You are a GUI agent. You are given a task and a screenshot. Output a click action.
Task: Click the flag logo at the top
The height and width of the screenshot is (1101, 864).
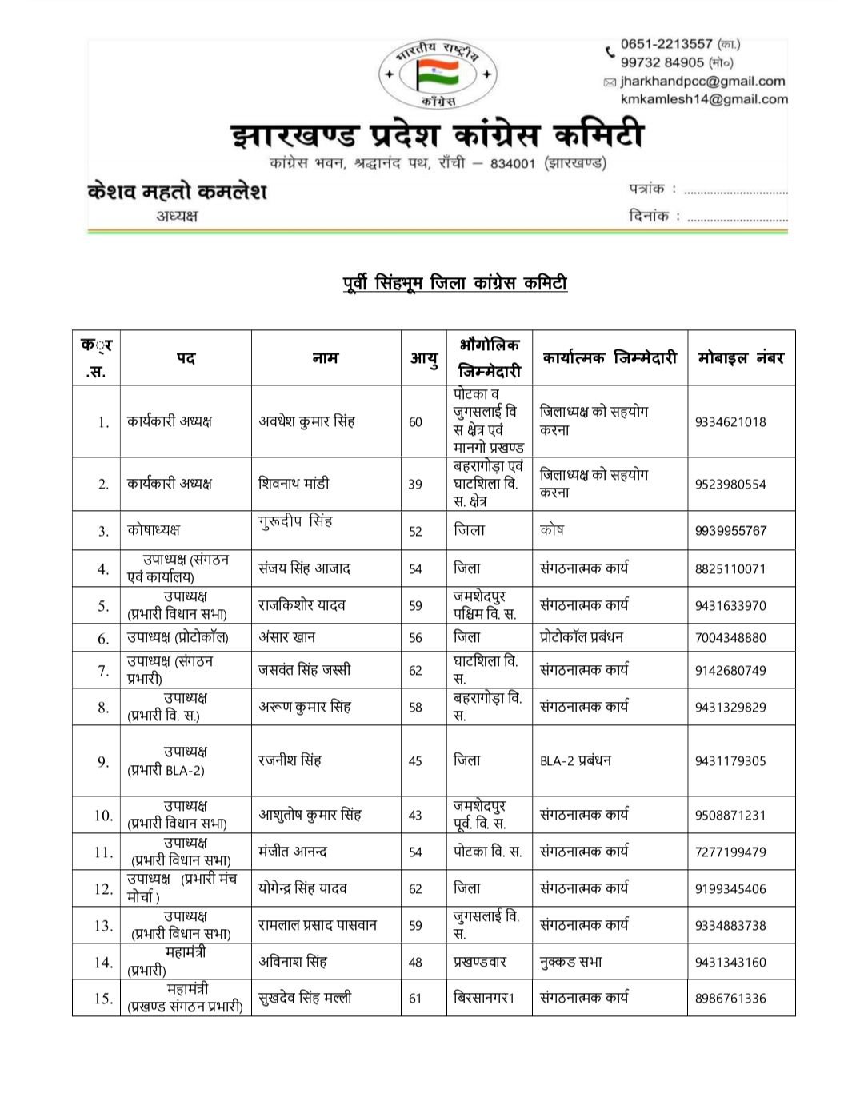point(438,74)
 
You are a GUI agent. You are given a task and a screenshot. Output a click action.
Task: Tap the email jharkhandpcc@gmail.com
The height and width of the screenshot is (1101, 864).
point(703,81)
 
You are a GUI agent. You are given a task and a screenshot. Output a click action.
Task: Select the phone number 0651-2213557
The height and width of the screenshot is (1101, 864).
point(666,44)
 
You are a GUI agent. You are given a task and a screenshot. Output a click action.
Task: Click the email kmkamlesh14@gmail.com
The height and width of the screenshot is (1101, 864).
point(704,99)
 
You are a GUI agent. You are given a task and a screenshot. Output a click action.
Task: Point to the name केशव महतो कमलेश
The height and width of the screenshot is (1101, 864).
point(177,192)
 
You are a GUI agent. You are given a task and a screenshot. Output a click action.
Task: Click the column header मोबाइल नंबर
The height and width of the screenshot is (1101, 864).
point(741,357)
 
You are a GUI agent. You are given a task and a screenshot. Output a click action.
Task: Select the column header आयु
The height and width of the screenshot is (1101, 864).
point(423,358)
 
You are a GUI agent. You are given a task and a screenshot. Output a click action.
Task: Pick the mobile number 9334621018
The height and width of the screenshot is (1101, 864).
point(730,421)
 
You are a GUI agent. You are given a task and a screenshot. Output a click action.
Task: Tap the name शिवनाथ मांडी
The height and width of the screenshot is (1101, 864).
point(294,484)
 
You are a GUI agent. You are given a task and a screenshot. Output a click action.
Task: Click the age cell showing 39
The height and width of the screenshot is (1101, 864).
point(415,484)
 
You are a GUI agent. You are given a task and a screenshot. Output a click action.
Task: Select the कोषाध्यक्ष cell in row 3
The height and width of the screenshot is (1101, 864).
point(154,530)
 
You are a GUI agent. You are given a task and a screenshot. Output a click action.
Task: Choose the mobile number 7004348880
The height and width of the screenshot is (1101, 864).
point(730,637)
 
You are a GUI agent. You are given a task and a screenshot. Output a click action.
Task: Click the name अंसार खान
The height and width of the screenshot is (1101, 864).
point(286,637)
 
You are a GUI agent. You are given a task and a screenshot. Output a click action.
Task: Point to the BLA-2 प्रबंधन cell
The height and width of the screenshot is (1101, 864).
point(575,760)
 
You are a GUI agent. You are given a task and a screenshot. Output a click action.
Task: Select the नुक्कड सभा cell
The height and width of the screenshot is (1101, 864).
point(571,962)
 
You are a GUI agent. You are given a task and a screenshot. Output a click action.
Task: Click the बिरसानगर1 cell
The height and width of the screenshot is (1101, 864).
point(483,998)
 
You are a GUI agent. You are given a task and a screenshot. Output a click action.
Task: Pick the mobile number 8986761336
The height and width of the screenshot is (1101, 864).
point(730,998)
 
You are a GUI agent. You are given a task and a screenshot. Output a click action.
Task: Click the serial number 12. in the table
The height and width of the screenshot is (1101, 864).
point(103,888)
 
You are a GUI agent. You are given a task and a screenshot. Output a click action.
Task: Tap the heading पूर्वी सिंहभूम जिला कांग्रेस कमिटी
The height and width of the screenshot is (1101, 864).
point(450,282)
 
